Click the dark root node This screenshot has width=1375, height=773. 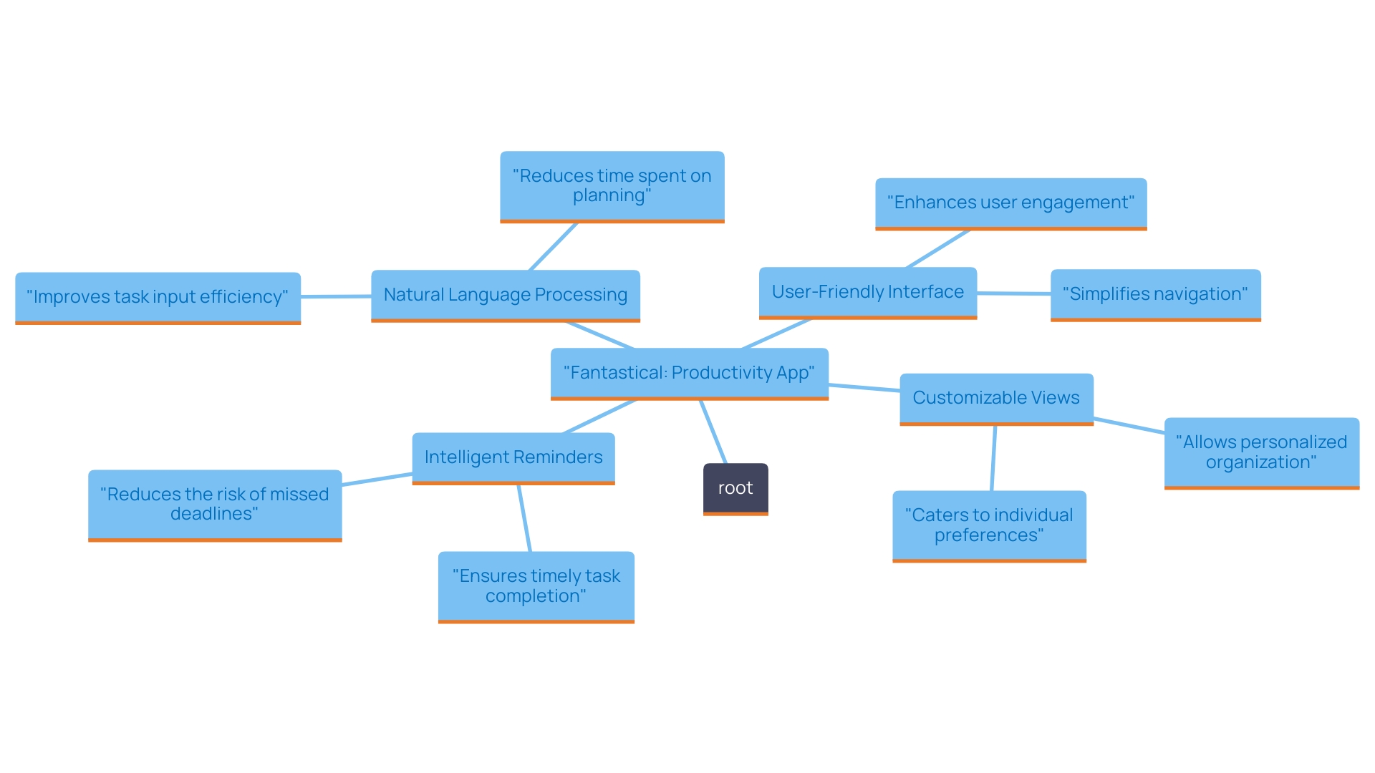735,488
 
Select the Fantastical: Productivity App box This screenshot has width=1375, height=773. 689,373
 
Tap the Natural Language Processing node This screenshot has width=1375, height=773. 505,295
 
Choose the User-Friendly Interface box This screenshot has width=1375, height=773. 867,292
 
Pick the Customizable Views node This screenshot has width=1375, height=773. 995,398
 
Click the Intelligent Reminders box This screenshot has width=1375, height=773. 513,457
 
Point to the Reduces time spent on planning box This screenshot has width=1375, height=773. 612,185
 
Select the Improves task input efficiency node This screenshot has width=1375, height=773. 158,297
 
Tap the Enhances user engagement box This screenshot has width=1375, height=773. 1010,203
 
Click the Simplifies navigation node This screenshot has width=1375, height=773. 1154,294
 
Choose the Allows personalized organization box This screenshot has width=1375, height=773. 1261,452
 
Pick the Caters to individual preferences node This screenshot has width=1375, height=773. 989,525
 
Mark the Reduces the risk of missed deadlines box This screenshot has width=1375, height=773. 214,504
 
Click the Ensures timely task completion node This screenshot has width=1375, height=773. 536,586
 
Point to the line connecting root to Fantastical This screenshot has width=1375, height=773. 713,432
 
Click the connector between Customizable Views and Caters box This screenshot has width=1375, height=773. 993,458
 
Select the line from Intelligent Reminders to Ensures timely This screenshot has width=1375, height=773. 524,518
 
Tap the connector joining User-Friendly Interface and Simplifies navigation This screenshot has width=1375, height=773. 1013,293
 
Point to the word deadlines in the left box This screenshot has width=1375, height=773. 212,514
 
